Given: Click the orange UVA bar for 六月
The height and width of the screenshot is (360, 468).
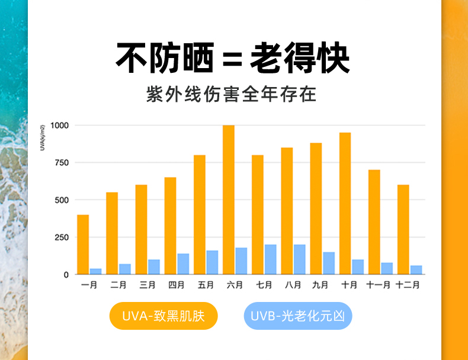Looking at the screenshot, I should tap(229, 200).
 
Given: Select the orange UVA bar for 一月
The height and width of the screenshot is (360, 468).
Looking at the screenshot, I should tap(83, 245).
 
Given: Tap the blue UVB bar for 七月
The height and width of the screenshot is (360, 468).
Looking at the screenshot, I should tap(270, 259).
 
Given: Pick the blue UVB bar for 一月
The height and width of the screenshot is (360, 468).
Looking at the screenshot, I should tap(95, 271).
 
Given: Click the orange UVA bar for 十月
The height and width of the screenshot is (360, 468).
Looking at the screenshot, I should tap(345, 203).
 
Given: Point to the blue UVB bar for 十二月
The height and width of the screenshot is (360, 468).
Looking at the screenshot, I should tap(416, 270).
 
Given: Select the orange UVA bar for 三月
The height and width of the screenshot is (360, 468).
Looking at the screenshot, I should tap(141, 230).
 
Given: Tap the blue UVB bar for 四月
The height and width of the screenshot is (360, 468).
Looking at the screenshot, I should tap(183, 264).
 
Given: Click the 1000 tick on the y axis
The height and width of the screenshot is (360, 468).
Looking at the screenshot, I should tap(60, 126).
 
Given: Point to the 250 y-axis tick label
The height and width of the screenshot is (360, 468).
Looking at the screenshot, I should tap(62, 237).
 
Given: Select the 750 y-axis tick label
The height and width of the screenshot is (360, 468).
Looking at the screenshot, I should tap(62, 163).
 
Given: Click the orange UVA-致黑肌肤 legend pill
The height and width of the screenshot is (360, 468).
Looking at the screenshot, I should tap(163, 316).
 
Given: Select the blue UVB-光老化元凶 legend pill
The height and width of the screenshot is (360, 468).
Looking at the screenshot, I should tap(297, 316).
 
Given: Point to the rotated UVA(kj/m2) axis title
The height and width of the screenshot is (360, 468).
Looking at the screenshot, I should tap(43, 137).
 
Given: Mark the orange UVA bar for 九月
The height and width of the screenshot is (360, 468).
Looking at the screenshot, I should tap(316, 208).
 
